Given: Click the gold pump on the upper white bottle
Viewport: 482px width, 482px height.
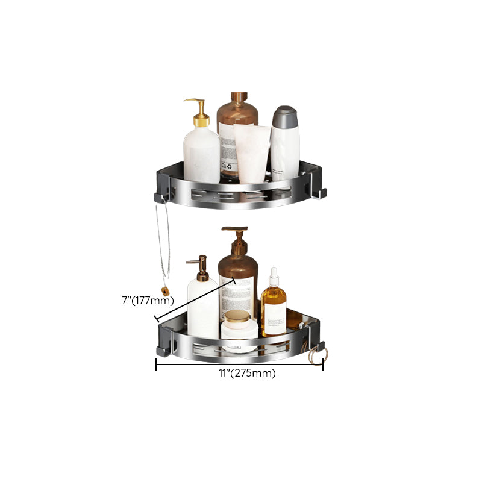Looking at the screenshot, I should (x=198, y=111).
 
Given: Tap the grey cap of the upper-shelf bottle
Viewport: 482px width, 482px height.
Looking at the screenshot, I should (x=284, y=114).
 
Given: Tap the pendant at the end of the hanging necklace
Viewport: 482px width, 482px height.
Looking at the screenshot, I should (x=165, y=292).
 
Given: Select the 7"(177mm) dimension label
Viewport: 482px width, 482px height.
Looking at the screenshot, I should (x=148, y=299).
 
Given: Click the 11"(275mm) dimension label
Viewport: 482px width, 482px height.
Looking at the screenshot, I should (x=247, y=373).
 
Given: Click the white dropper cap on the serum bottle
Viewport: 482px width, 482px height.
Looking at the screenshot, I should (x=274, y=277).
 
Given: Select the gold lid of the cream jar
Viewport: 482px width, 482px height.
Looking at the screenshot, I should (x=236, y=317).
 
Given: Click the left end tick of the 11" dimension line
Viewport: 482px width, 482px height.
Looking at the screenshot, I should (x=157, y=364).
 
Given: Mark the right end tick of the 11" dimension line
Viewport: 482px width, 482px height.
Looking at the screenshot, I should (x=323, y=364).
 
